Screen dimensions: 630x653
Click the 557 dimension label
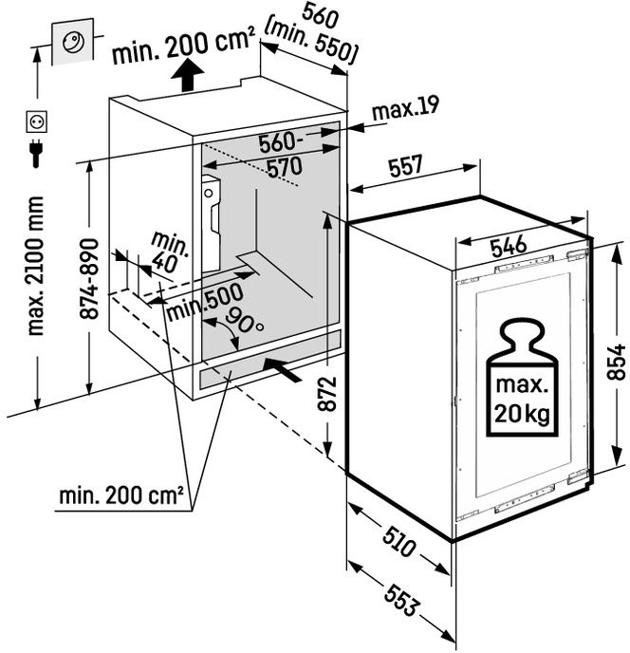point(405,165)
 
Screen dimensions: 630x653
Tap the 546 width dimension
point(509,246)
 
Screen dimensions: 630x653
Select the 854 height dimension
point(617,362)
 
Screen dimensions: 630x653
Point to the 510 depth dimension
point(398,541)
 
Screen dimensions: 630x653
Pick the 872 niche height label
point(326,394)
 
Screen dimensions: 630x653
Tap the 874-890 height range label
point(89,279)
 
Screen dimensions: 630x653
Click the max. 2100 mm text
point(35,266)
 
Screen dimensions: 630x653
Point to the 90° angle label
point(245,320)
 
